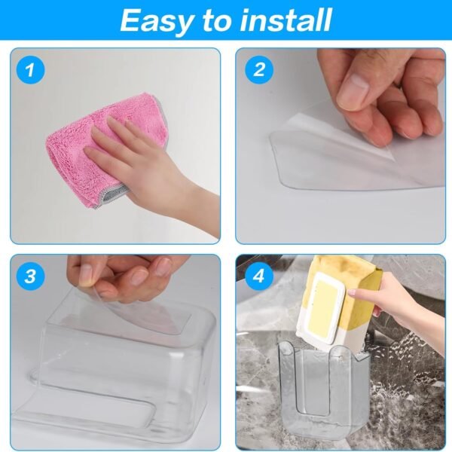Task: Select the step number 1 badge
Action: click(x=30, y=72)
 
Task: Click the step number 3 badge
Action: click(x=30, y=276)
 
